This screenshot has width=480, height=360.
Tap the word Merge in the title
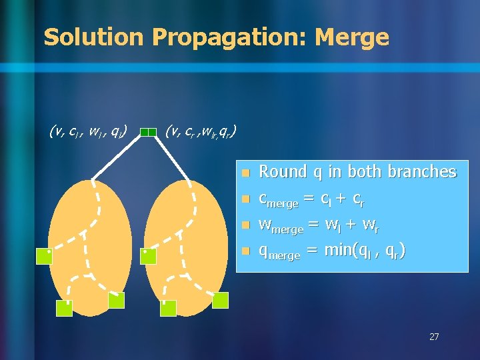click(351, 37)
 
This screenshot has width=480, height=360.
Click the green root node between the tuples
click(152, 132)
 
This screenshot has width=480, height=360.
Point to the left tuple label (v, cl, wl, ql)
click(89, 131)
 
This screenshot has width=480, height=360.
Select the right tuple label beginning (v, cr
click(199, 131)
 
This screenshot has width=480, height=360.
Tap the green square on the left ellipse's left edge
click(45, 256)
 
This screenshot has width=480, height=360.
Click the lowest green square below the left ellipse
click(64, 307)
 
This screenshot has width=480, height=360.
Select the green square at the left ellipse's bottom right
click(116, 300)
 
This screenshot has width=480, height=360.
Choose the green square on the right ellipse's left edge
click(148, 256)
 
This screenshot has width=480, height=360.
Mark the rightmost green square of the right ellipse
click(220, 300)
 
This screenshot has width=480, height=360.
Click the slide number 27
click(434, 337)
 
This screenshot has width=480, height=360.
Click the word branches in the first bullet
click(423, 172)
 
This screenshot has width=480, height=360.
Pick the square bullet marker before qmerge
click(245, 251)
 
